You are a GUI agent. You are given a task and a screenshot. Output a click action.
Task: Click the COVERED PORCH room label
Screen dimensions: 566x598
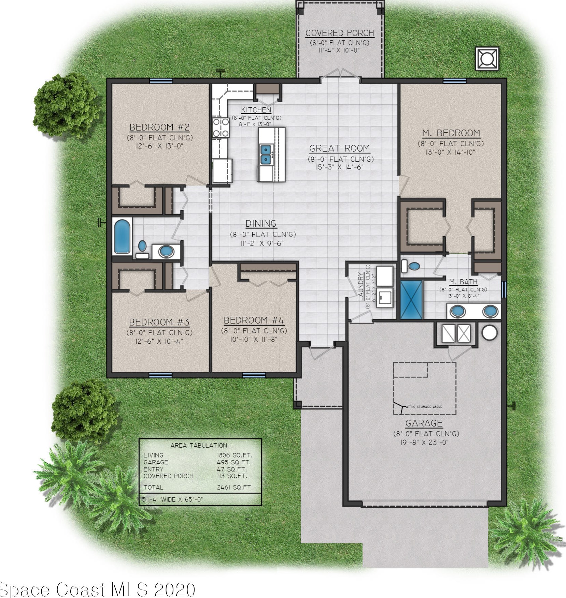click(x=340, y=33)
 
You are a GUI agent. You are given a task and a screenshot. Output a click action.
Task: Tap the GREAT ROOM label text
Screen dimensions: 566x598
click(x=339, y=148)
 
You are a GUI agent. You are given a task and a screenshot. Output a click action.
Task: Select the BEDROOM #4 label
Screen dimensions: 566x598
click(x=254, y=320)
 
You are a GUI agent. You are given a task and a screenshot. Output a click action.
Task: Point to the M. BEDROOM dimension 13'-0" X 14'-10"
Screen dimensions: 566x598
click(x=451, y=152)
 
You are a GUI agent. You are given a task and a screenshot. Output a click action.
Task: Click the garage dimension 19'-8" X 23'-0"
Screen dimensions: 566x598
click(x=424, y=442)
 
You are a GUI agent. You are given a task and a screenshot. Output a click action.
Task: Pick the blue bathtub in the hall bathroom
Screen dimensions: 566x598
click(x=122, y=236)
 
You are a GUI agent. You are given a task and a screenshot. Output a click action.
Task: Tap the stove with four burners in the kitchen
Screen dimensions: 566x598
click(x=221, y=127)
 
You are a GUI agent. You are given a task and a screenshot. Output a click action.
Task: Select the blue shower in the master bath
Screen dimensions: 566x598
click(x=411, y=300)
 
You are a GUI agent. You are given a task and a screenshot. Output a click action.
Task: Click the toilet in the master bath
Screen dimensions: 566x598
click(x=411, y=266)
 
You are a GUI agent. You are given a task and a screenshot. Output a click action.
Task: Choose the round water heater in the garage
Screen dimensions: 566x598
click(x=489, y=332)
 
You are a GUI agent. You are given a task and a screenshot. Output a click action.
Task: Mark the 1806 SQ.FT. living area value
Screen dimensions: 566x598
click(x=235, y=455)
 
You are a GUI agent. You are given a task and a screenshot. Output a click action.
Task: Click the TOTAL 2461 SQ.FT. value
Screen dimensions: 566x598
click(x=235, y=487)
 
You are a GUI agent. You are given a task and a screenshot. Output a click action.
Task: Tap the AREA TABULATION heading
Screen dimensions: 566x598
click(x=199, y=445)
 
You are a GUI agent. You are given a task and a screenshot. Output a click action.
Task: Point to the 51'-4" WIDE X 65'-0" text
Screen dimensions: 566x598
click(x=172, y=499)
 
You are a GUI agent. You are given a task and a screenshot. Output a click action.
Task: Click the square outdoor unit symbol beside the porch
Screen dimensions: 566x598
click(x=487, y=59)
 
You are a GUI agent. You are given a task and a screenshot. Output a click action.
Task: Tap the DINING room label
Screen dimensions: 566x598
click(x=261, y=223)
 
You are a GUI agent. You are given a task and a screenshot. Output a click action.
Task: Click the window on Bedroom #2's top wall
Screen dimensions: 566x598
click(x=161, y=81)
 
